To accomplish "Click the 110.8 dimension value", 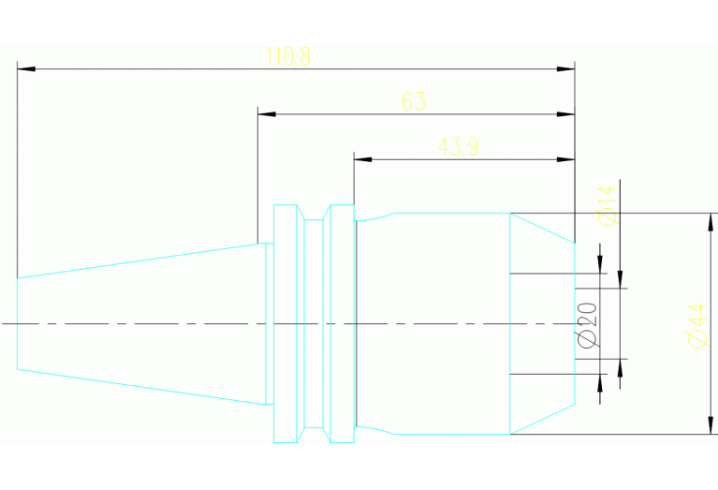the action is pos(288,56).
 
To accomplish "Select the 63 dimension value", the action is pos(414,101).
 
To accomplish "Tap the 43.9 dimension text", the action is pos(459,147).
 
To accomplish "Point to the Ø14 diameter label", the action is pos(608,205).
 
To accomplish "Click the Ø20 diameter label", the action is pos(588,324).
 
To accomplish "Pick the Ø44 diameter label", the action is pos(697,325).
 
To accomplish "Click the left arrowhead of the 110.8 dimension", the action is pos(26,68).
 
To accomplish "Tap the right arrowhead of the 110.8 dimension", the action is pos(565,68).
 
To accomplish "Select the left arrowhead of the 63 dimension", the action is pos(267,113).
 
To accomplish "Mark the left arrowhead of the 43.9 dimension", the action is pos(362,159).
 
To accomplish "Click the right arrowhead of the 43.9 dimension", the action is pos(565,159).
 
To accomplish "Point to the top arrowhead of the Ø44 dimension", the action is pos(711,222).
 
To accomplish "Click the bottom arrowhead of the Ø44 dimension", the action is pos(711,425).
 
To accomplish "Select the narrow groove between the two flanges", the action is pos(314,323).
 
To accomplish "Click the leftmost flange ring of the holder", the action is pos(286,323).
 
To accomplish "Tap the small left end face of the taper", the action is pos(18,323).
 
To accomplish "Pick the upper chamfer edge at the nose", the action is pos(542,229).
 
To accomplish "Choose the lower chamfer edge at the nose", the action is pos(542,419).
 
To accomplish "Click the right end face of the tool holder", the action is pos(575,323).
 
